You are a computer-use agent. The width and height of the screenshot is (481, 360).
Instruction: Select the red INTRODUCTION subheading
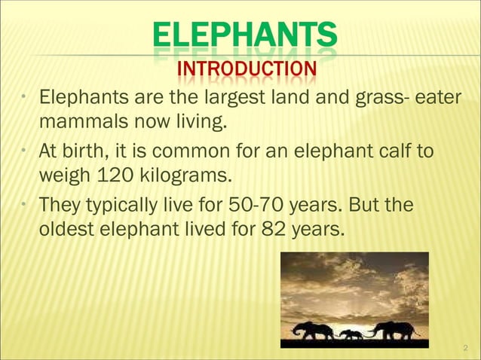click(246, 71)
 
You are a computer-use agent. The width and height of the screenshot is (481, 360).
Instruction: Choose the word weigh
click(63, 176)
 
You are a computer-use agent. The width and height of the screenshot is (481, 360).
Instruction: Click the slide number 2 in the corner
click(465, 348)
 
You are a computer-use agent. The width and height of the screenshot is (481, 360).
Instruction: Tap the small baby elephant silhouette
click(351, 334)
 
